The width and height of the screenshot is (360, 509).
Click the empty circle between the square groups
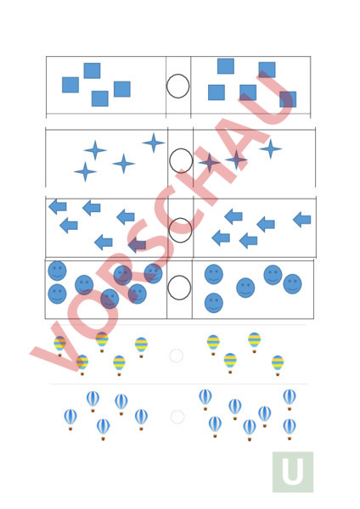pos(177,75)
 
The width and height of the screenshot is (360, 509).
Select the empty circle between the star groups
pos(181,149)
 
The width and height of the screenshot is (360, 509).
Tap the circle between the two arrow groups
pos(180,219)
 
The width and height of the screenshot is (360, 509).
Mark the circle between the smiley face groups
pos(179,277)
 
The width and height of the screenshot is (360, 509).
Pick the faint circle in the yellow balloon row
pos(176,350)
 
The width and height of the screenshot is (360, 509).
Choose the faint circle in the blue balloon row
pos(177,411)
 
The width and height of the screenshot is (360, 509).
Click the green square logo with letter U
pos(293,472)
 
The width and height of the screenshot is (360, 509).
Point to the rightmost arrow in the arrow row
pos(302,220)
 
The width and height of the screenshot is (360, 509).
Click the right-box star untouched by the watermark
pos(270,149)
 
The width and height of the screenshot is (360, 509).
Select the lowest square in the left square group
pos(99,98)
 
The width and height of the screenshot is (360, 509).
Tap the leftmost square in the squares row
pos(70,85)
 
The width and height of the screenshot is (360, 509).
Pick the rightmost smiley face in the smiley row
pos(292,284)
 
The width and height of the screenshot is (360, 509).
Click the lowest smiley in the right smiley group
pos(214,303)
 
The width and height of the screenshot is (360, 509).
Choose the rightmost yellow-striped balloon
pos(278,366)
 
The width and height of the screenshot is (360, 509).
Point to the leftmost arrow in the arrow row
pos(58,207)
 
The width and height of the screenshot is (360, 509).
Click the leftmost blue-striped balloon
pos(70,419)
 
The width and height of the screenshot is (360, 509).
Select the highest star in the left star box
pos(154,143)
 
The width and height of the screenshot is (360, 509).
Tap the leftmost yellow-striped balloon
pos(59,346)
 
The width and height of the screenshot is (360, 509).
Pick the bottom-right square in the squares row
pos(288,99)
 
